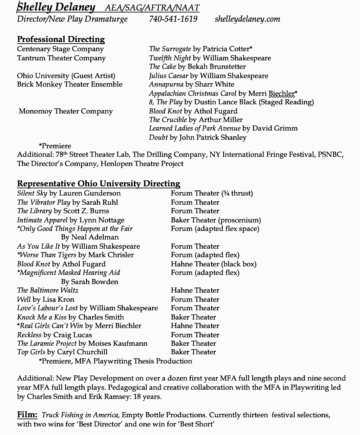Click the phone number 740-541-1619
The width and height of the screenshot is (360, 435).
pyautogui.click(x=173, y=19)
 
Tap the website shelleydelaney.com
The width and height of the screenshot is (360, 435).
pyautogui.click(x=247, y=19)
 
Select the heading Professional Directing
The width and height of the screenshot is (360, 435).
pyautogui.click(x=61, y=39)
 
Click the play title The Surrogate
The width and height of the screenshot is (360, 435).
pyautogui.click(x=170, y=49)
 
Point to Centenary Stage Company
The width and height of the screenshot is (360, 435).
pyautogui.click(x=60, y=49)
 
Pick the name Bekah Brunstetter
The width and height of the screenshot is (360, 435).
pyautogui.click(x=217, y=67)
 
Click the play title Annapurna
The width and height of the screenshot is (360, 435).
pyautogui.click(x=166, y=84)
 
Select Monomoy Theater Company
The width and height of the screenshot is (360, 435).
pyautogui.click(x=66, y=111)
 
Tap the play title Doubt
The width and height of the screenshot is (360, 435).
pyautogui.click(x=158, y=137)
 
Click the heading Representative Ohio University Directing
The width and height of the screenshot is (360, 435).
pyautogui.click(x=98, y=184)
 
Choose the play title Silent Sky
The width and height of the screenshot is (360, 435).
pyautogui.click(x=32, y=193)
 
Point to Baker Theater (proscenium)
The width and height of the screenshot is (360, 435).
pyautogui.click(x=216, y=220)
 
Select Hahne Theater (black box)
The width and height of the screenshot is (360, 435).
pyautogui.click(x=214, y=264)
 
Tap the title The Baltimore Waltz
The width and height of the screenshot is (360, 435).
pyautogui.click(x=48, y=290)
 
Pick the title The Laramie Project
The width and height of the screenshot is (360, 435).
pyautogui.click(x=47, y=343)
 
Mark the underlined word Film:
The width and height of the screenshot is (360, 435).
pyautogui.click(x=27, y=415)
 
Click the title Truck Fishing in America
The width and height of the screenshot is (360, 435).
pyautogui.click(x=81, y=415)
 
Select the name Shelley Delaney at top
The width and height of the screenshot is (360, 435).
pyautogui.click(x=56, y=7)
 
